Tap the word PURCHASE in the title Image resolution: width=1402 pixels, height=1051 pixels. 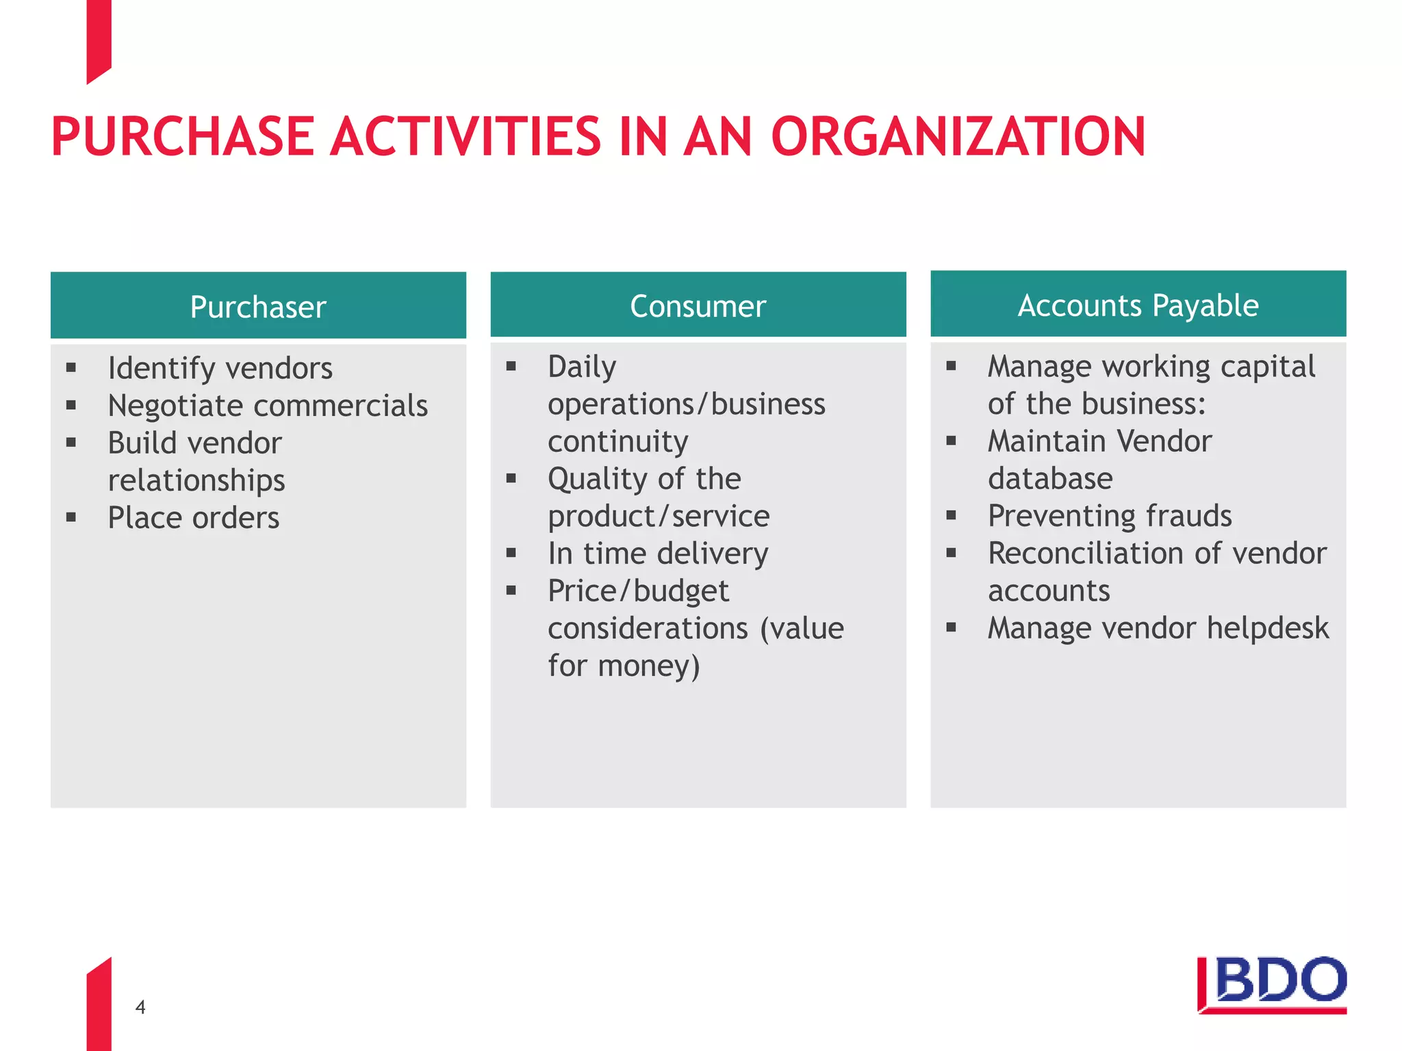pos(182,137)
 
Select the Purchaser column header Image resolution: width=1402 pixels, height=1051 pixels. pos(258,307)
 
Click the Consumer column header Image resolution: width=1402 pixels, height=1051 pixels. pos(698,306)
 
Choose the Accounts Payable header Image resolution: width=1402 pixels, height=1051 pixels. pos(1138,305)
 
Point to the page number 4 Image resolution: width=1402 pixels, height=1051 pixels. pos(140,1007)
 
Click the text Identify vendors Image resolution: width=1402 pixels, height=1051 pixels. pos(220,368)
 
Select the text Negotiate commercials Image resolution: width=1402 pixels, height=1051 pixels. pos(268,406)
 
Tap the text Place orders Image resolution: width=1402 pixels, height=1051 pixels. pos(194,518)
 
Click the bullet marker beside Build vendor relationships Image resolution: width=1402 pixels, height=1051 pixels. pos(71,443)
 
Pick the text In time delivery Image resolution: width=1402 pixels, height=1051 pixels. pos(658,554)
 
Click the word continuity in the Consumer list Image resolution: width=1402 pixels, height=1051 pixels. pos(617,441)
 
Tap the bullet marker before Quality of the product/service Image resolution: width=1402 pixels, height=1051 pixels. pos(511,478)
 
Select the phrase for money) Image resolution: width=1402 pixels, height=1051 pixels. pos(624,666)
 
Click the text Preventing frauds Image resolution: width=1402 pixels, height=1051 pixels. pos(1109,516)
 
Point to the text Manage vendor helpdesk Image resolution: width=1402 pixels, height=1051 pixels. pos(1158,628)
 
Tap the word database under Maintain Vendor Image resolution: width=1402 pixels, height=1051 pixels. pos(1049,478)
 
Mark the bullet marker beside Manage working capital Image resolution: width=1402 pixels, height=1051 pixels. pos(951,366)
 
